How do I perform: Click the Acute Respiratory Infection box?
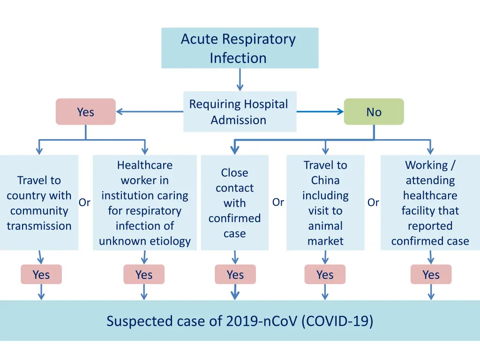(240, 48)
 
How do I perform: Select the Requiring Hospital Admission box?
(240, 112)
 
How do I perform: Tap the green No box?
(374, 112)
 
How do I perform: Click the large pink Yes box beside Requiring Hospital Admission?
(86, 112)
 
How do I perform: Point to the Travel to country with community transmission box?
(39, 202)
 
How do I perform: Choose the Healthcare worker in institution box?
(145, 202)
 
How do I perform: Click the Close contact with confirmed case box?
(235, 202)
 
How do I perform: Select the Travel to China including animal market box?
(325, 202)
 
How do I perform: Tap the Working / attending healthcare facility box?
(430, 202)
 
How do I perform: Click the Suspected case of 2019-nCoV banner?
(240, 321)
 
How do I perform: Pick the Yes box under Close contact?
(235, 274)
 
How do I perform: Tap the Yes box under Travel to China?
(325, 274)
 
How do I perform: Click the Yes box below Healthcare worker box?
(144, 274)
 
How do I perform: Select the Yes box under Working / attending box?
(431, 274)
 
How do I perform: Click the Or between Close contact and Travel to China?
(278, 202)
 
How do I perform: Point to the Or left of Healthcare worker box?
(84, 202)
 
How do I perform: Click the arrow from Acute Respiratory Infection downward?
(240, 80)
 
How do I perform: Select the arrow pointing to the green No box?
(320, 112)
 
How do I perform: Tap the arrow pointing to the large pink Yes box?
(150, 112)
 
